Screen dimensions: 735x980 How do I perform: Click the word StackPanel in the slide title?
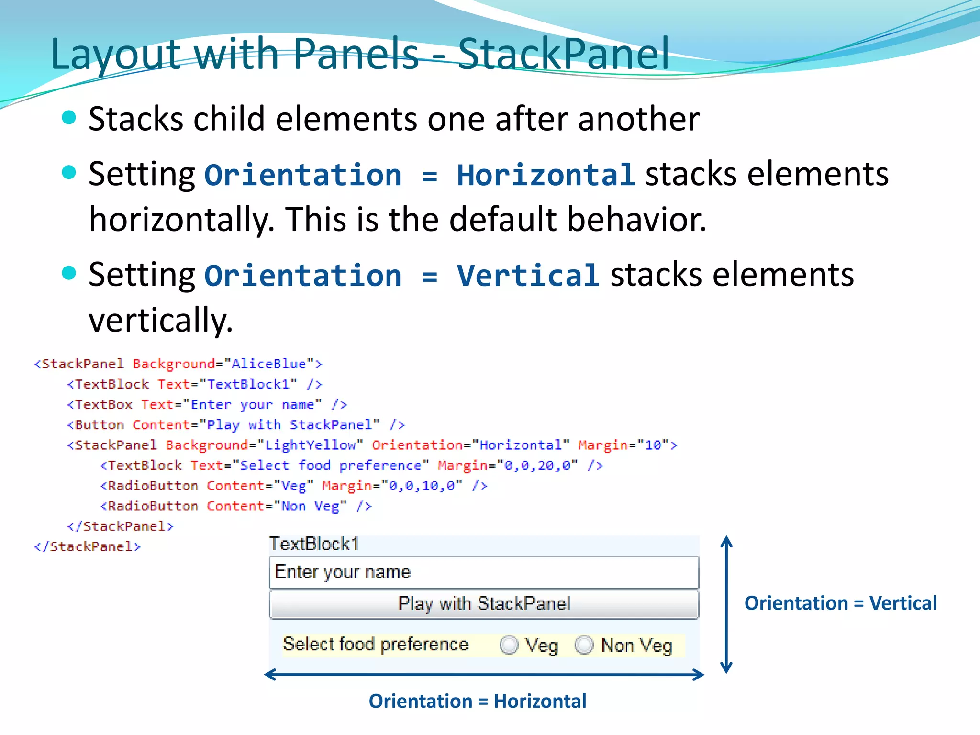point(563,54)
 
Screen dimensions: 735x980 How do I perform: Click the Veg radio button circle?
point(509,645)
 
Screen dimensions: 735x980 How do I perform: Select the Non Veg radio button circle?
point(584,645)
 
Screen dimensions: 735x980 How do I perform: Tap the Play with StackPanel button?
point(484,604)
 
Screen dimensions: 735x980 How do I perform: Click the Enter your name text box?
point(484,572)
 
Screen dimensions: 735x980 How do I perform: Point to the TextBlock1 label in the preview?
point(314,544)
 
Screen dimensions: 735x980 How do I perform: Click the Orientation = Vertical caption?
point(840,603)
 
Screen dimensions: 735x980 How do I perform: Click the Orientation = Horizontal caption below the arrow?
point(477,701)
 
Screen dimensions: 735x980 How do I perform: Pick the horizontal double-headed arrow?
point(484,675)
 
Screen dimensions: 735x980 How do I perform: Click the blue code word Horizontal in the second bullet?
point(546,175)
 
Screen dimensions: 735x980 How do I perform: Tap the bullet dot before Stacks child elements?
point(69,117)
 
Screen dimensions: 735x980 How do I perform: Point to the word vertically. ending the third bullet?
point(160,320)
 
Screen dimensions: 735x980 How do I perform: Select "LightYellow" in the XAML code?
point(311,445)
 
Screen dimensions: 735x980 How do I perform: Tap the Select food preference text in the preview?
point(376,644)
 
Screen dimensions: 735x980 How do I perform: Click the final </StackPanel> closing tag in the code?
point(87,546)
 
